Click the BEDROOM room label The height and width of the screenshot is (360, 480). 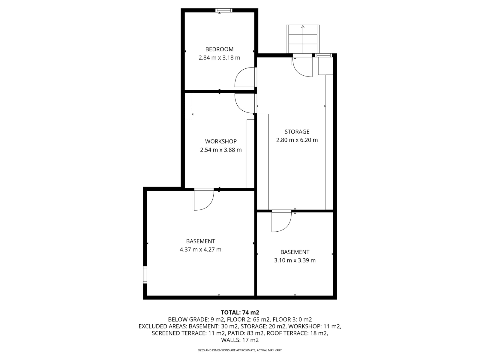[x=219, y=49]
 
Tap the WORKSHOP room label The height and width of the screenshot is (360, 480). [x=221, y=141]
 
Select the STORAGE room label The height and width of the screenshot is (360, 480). [x=297, y=132]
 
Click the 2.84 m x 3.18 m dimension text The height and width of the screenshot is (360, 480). [x=219, y=58]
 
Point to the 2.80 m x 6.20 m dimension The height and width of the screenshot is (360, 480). [x=297, y=140]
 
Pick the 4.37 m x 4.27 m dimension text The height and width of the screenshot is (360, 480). [x=200, y=250]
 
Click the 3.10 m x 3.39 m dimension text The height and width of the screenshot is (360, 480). [x=295, y=260]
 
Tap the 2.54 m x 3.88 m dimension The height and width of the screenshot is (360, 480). [x=221, y=150]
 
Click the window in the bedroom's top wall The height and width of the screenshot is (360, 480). [x=223, y=10]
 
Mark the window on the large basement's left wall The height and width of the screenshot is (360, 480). [x=145, y=275]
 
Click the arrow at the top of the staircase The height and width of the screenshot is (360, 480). [x=303, y=27]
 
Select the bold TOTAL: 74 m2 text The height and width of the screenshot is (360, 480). [x=240, y=312]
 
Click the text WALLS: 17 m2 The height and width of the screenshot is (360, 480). [x=240, y=340]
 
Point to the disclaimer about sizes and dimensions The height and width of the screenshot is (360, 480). [x=240, y=350]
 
